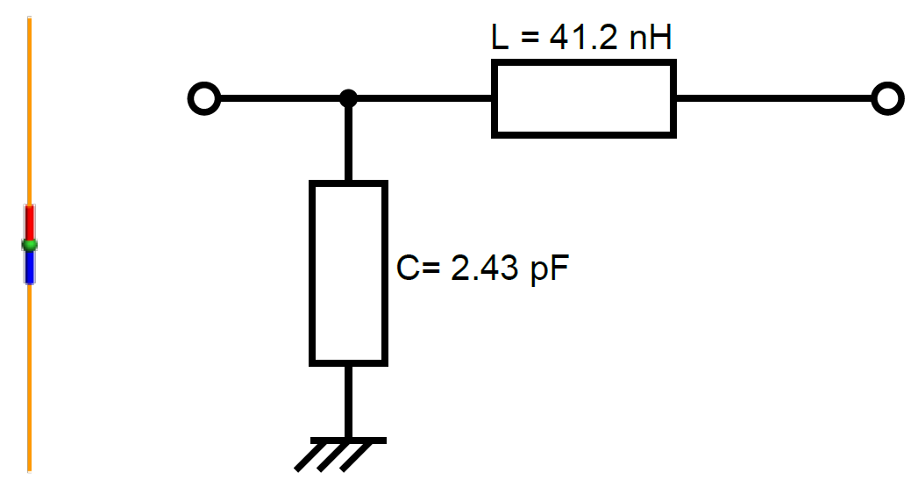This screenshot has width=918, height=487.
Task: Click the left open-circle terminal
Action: point(203,99)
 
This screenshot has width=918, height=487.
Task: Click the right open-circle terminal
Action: point(887,99)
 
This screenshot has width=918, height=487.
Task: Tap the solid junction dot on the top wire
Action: point(348,98)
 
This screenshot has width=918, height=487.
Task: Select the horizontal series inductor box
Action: point(584,98)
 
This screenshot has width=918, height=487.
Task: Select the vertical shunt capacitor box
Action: point(348,273)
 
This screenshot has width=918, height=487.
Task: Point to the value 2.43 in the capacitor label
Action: point(481,268)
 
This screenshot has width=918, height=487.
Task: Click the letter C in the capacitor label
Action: point(408,268)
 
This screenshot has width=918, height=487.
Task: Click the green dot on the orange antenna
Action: point(30,244)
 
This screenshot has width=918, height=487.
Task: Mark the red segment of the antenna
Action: point(30,221)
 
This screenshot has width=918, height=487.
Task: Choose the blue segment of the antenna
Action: point(30,266)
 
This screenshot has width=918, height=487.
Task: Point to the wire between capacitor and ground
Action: point(348,400)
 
